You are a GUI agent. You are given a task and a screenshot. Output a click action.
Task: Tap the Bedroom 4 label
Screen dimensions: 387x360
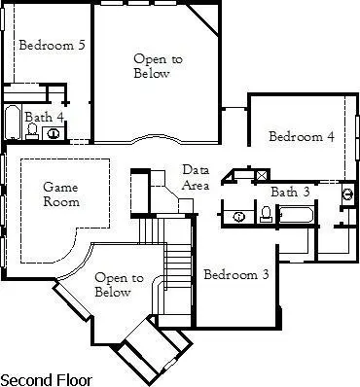[x=302, y=137]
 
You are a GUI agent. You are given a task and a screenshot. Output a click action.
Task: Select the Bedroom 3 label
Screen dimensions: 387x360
[x=236, y=275]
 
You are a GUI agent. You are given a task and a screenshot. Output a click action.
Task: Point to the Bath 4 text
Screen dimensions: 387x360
[x=44, y=117]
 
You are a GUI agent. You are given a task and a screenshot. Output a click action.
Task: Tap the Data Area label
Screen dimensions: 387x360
[x=196, y=177]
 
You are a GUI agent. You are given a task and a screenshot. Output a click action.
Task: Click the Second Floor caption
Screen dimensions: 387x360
[x=45, y=377]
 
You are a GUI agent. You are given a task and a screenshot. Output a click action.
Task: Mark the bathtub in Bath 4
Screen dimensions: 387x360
[x=11, y=124]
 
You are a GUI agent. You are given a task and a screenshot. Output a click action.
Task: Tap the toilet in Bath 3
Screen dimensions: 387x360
[x=266, y=213]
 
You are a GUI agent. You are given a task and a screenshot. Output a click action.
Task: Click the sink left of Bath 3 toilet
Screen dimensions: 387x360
[x=237, y=215]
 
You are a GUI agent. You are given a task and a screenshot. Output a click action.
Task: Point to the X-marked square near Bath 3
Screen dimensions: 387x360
[x=261, y=175]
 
